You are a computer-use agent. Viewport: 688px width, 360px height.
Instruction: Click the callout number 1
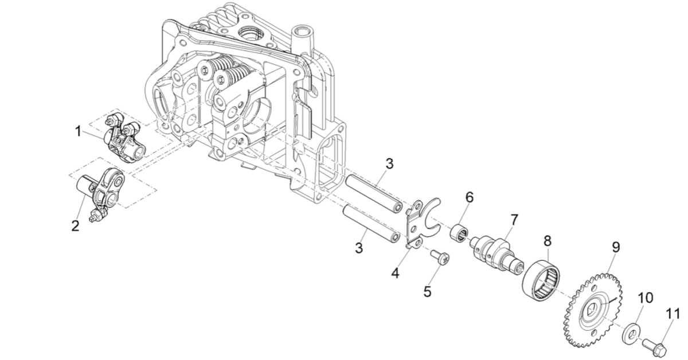coord(78,131)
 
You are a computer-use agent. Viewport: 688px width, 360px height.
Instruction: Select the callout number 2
coord(75,226)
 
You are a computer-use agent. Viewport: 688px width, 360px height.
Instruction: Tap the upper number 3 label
coord(389,164)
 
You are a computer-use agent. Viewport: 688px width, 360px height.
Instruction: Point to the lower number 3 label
coord(359,248)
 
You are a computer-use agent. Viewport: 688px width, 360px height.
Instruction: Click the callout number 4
coord(395,273)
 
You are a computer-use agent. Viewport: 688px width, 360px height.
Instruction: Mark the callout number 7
coord(514,220)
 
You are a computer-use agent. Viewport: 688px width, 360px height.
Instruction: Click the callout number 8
coord(548,241)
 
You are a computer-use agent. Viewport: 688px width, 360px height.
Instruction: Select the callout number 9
coord(616,247)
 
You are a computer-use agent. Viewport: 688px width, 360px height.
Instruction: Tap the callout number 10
coord(646,298)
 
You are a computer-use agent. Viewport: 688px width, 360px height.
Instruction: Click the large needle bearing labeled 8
coord(541,281)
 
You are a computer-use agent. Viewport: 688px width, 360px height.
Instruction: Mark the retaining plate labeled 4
coord(423,222)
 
